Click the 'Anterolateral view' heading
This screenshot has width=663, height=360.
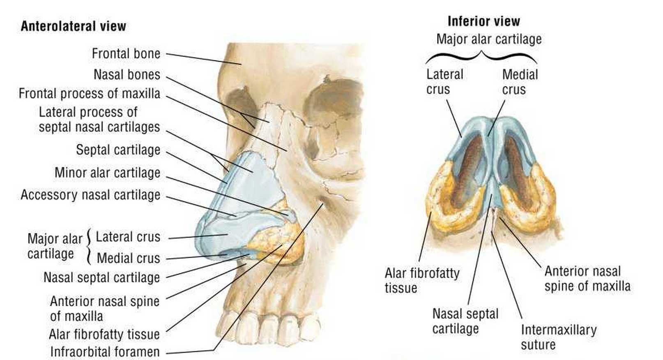(73, 26)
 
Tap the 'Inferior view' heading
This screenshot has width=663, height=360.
(483, 21)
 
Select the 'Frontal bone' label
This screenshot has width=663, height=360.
(126, 53)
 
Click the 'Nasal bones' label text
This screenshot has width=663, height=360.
(127, 75)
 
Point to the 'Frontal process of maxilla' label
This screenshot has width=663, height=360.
(89, 94)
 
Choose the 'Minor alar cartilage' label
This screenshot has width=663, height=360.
(107, 173)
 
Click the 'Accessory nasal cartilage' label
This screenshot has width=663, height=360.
(90, 195)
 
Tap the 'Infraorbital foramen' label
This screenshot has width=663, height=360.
(105, 352)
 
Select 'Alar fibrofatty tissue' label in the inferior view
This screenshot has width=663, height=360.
(421, 280)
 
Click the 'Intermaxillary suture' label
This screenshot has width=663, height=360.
(558, 337)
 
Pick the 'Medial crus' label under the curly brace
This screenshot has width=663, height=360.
(520, 82)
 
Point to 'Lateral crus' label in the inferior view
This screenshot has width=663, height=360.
(444, 82)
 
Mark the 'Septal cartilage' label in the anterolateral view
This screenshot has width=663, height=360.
(118, 150)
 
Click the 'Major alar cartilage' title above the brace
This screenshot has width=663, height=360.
(488, 39)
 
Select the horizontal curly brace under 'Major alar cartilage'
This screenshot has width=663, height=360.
(481, 55)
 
